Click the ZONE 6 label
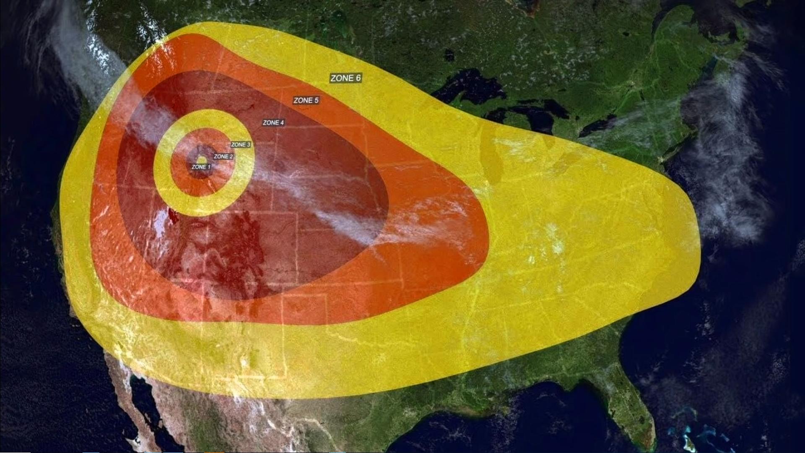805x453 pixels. click(345, 78)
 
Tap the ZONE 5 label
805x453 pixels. click(306, 100)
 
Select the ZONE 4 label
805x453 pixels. click(273, 122)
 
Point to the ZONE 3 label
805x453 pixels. click(241, 145)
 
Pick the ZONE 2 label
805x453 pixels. click(223, 156)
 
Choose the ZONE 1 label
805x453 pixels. click(201, 167)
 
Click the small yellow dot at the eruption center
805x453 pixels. click(201, 160)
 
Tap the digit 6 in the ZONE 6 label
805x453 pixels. click(358, 78)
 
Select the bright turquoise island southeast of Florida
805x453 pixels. click(688, 440)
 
